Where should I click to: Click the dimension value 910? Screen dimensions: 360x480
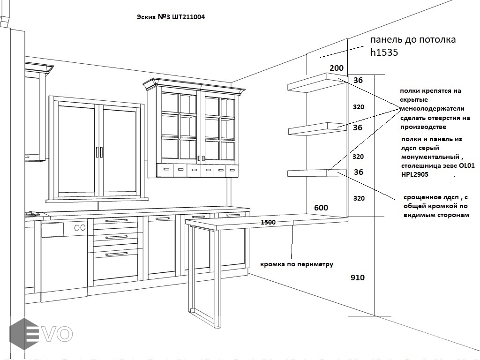coord(358,277)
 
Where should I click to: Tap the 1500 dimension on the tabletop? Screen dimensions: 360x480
coord(268,222)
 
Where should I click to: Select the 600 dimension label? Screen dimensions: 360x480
coord(321,208)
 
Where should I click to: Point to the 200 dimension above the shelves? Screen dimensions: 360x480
coord(336,68)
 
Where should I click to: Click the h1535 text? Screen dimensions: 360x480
coord(384,52)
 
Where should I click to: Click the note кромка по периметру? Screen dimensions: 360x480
coord(297,264)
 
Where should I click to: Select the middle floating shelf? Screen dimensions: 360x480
coord(317,128)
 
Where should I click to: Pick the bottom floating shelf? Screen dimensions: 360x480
coord(317,173)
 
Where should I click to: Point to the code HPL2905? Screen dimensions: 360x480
coord(415,174)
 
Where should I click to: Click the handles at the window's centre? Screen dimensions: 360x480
coord(99,152)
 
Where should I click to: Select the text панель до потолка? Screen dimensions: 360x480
coord(413,40)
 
